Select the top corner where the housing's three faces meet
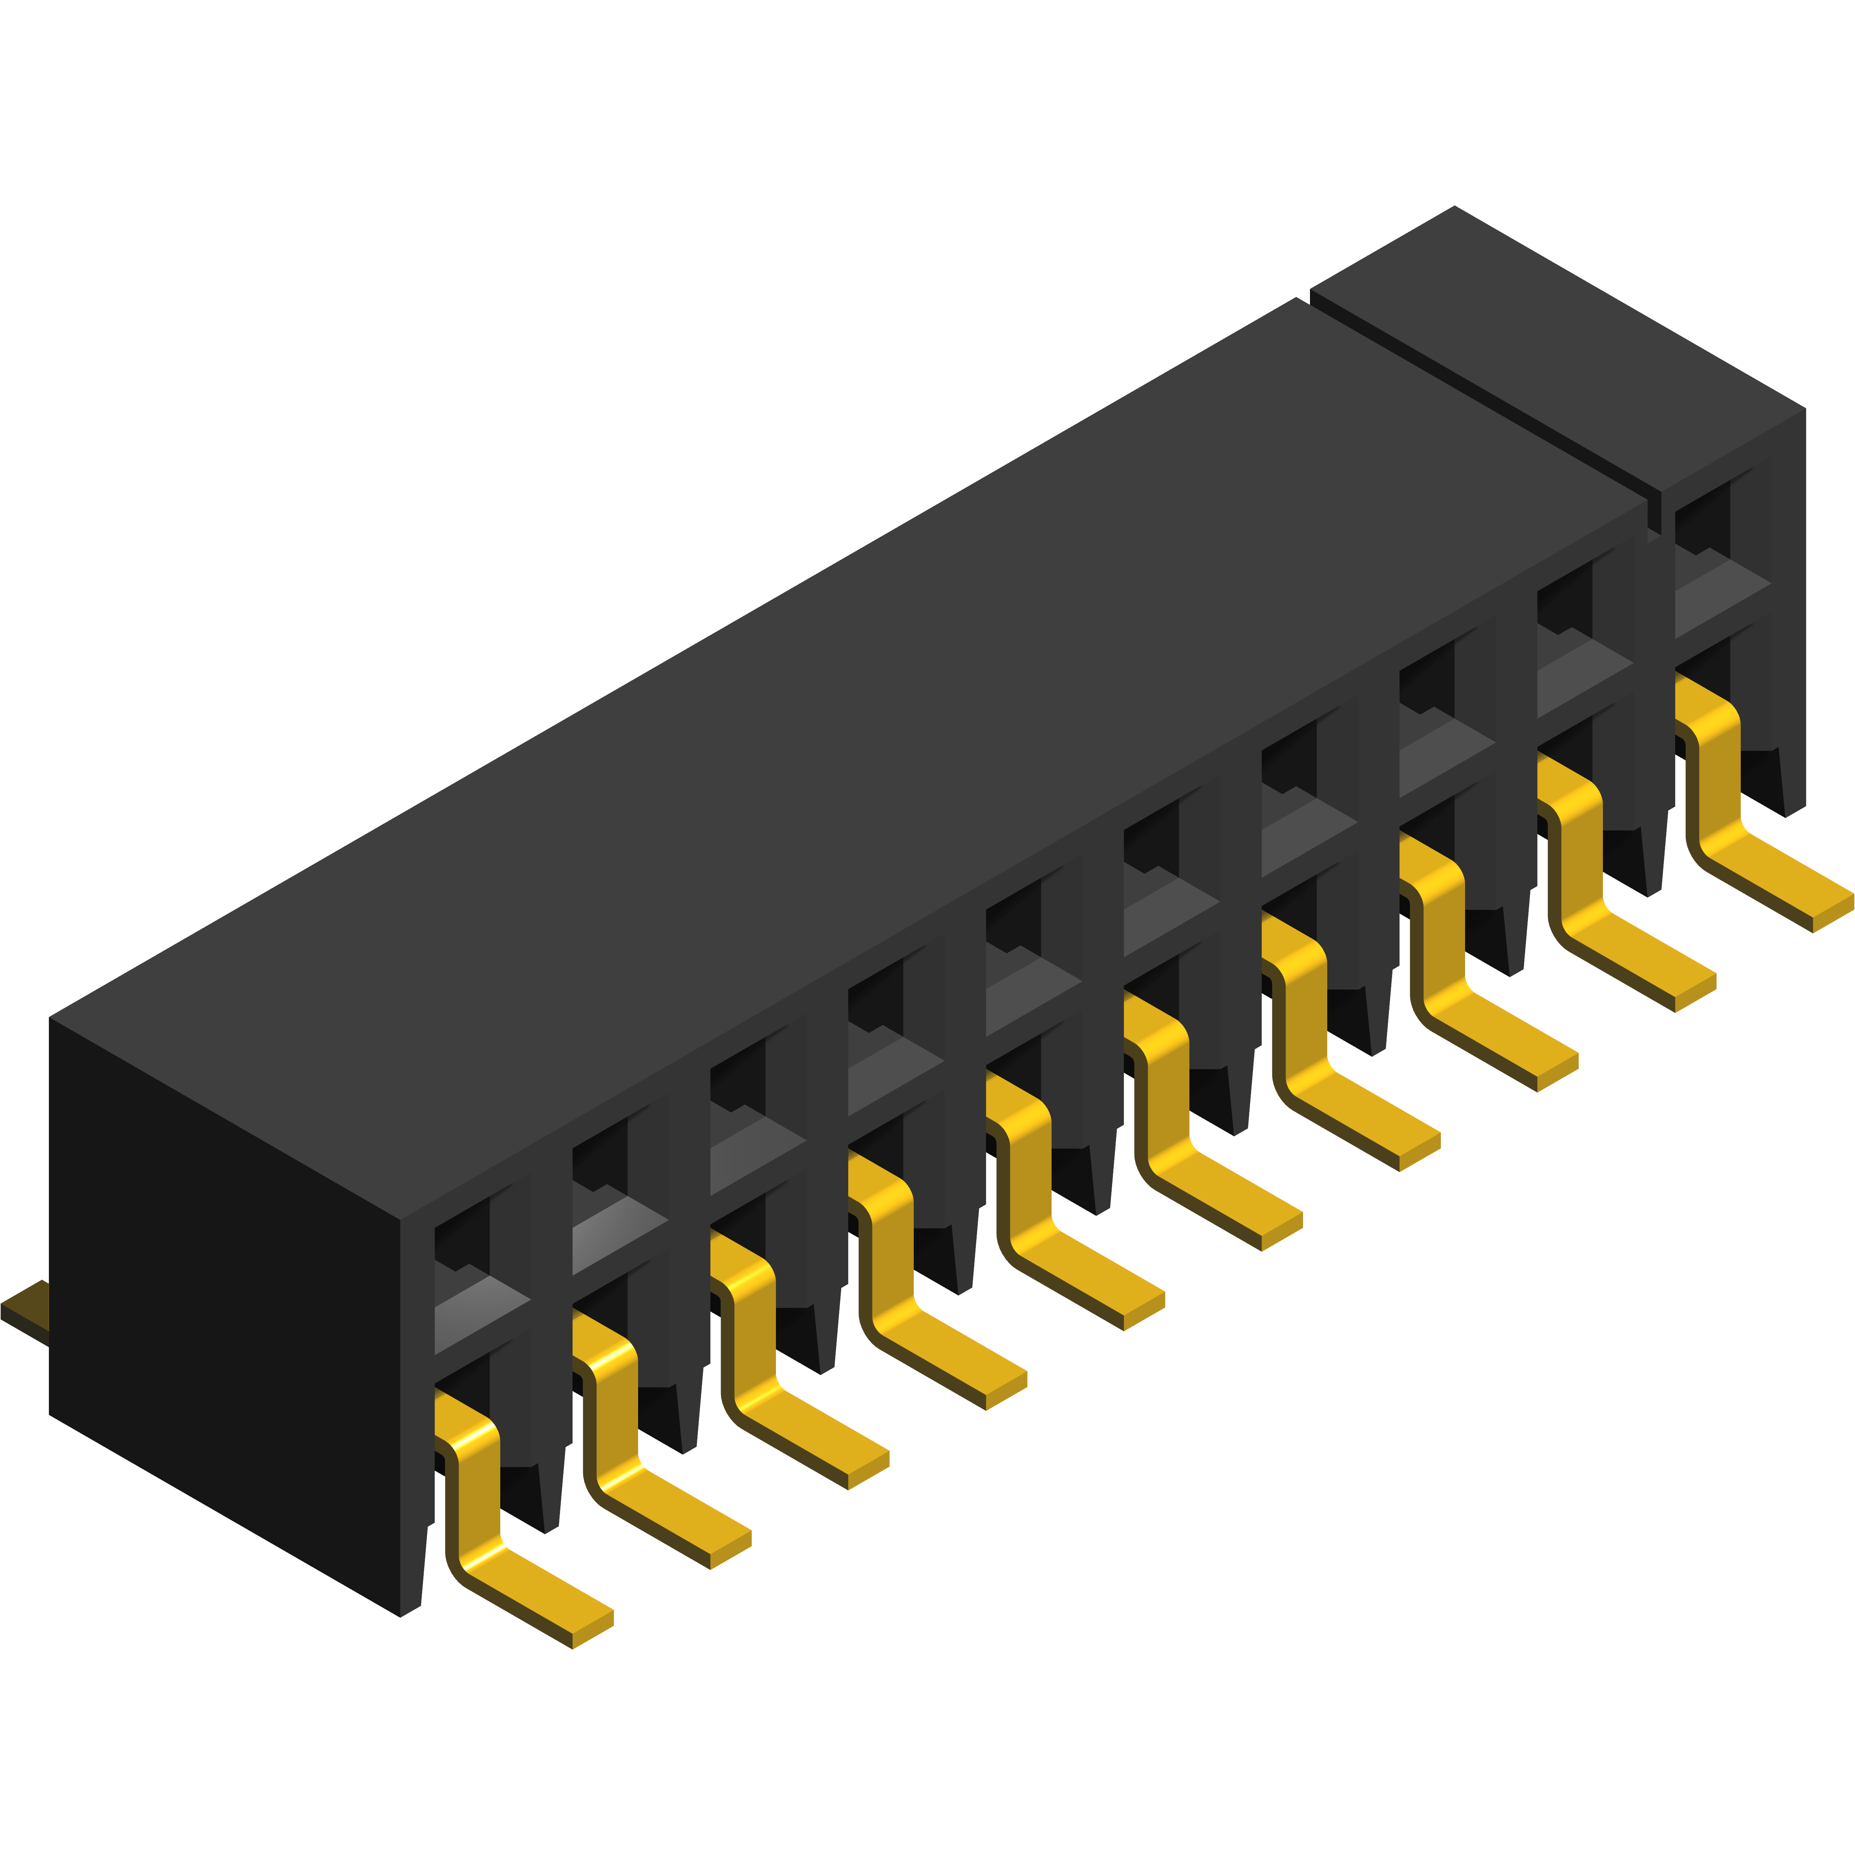(x=401, y=1219)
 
